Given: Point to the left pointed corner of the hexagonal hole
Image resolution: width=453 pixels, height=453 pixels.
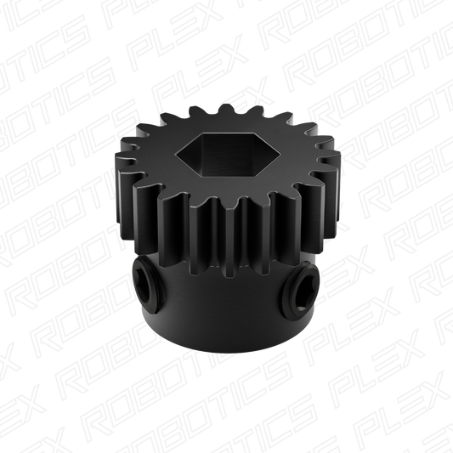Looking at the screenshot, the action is pos(177,153).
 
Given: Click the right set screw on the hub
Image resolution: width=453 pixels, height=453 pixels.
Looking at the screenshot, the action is pos(301,287).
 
